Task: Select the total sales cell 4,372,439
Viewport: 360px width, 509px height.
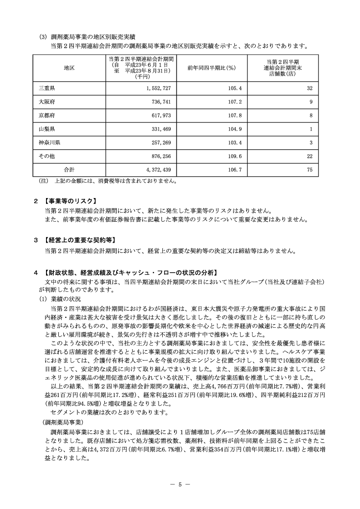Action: point(155,170)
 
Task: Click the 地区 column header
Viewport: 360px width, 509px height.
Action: point(69,68)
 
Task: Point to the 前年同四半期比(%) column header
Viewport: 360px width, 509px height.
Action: point(211,68)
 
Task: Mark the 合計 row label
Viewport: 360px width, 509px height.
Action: point(69,170)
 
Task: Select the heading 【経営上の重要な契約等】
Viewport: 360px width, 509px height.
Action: point(79,240)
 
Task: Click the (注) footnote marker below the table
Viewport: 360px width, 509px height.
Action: point(44,181)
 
